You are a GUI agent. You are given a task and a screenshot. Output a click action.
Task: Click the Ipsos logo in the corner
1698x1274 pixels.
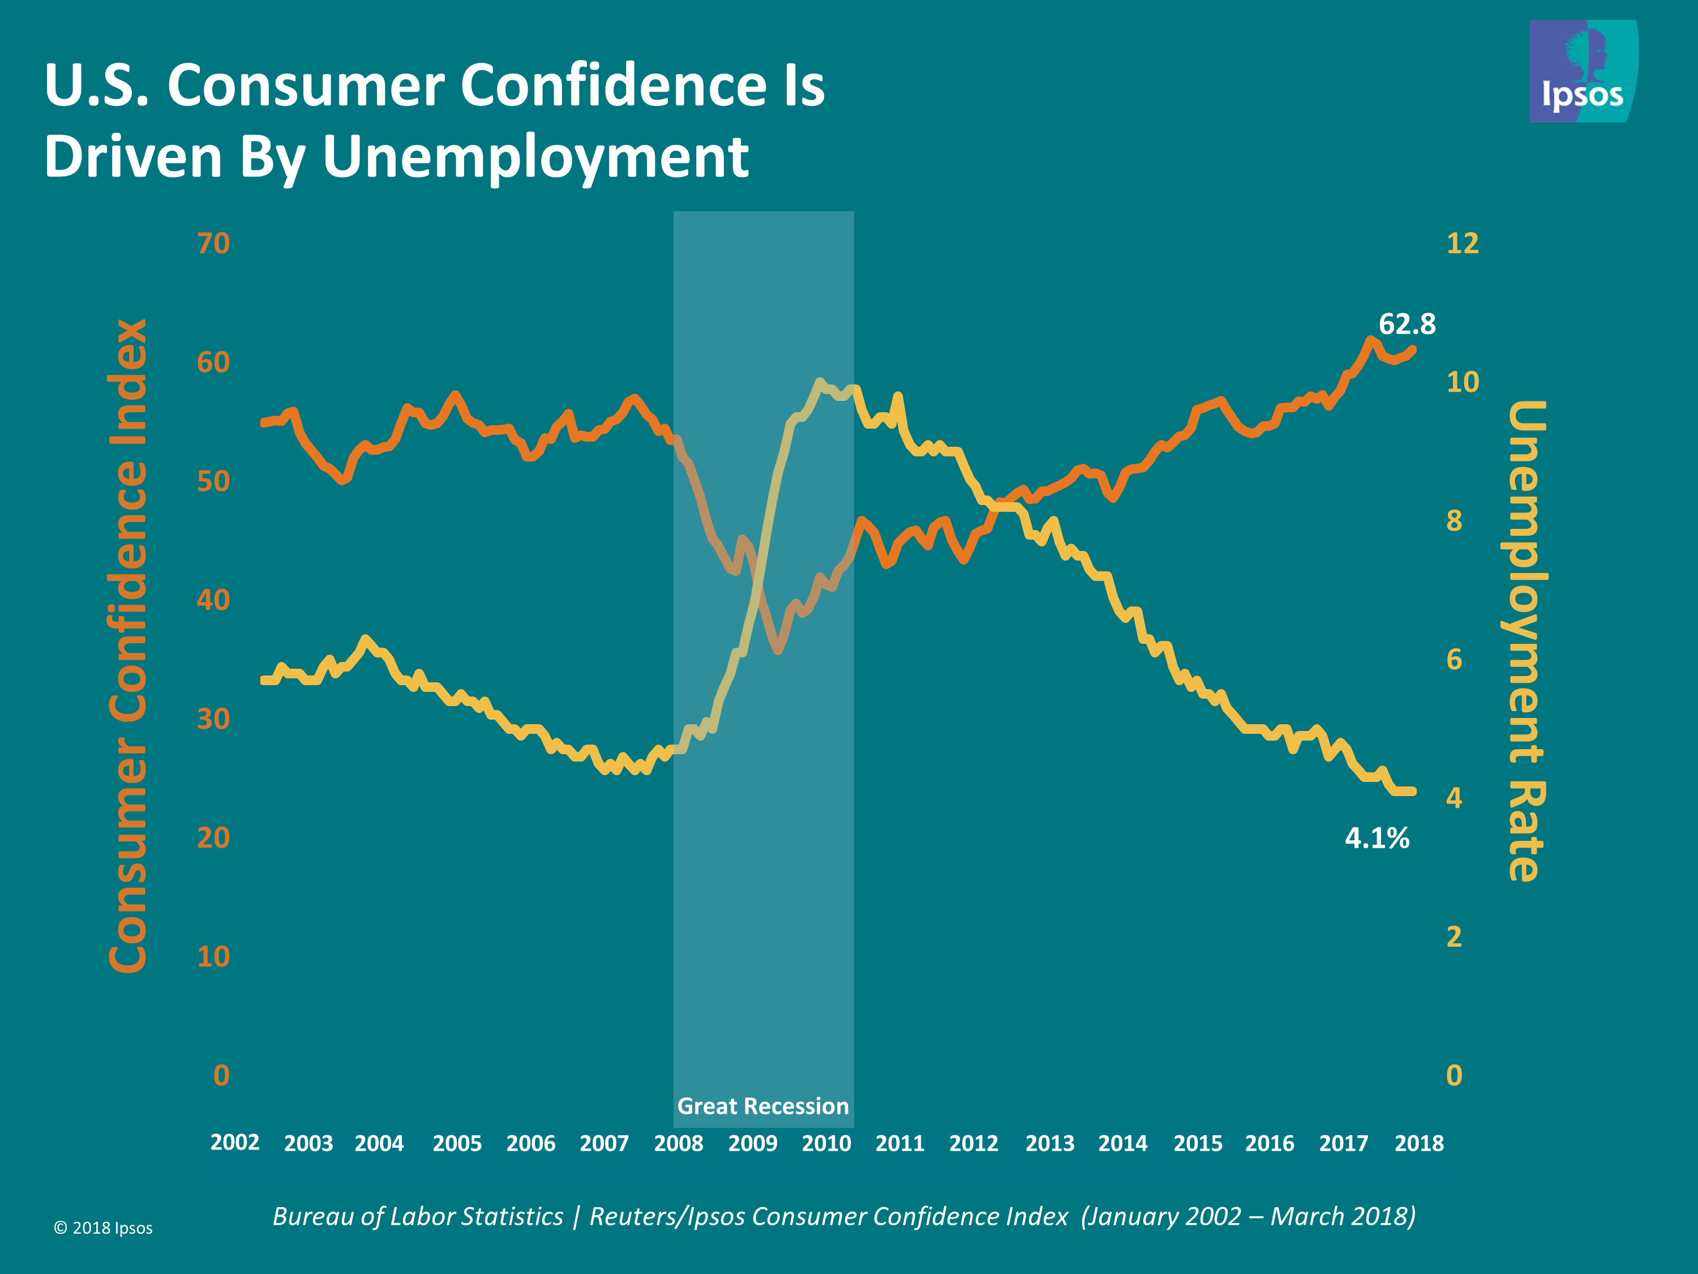pos(1583,71)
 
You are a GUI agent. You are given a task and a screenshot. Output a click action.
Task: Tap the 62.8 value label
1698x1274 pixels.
pos(1407,324)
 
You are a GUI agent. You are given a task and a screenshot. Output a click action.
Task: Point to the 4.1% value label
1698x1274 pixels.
pos(1377,838)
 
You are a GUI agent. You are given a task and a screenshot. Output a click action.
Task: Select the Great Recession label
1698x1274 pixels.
pos(762,1106)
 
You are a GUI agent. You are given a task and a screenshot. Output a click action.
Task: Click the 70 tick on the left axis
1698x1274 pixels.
pos(213,243)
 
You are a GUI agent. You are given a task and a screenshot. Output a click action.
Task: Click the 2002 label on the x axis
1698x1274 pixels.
pos(235,1142)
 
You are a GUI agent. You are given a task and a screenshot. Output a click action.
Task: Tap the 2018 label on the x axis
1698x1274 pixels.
pos(1418,1143)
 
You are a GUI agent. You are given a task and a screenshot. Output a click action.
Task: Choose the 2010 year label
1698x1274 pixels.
pos(826,1143)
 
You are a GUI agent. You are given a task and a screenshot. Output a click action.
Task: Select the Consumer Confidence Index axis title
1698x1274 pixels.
pos(128,645)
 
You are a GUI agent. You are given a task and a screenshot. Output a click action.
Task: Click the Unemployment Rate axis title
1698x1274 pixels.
pos(1526,641)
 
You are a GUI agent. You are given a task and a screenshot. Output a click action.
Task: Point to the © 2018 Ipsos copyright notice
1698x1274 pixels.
pos(103,1228)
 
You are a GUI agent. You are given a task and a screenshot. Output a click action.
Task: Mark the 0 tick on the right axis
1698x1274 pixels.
pos(1454,1075)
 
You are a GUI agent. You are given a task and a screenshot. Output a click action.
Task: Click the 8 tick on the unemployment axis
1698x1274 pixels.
pos(1454,521)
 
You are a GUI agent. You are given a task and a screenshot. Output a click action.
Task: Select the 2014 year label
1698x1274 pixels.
pos(1122,1143)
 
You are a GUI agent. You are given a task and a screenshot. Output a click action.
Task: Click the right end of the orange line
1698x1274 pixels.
pos(1412,350)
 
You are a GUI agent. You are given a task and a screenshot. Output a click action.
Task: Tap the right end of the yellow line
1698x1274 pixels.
pos(1412,791)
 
